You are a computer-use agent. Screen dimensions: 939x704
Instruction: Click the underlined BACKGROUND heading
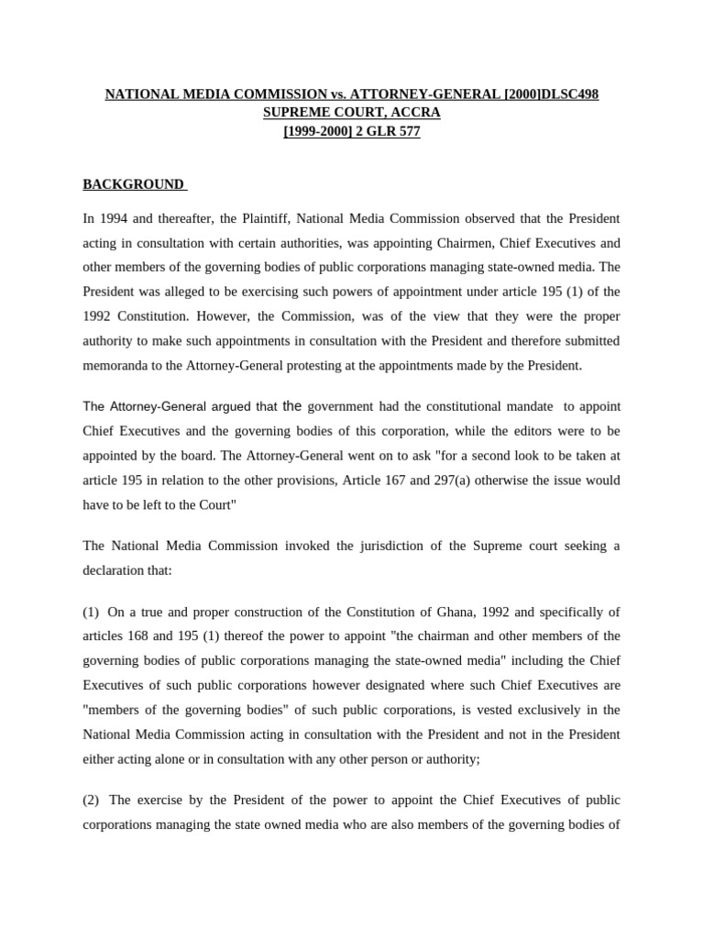[134, 184]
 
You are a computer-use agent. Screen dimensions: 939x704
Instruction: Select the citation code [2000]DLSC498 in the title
[551, 94]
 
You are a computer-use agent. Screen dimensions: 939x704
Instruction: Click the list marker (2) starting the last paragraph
[92, 775]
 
